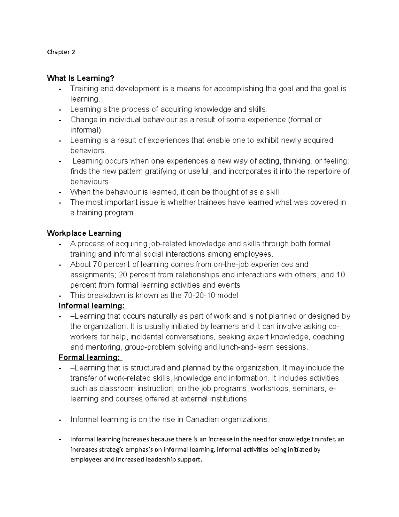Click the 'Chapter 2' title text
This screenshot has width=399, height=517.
[61, 52]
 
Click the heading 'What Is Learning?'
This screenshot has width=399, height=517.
[80, 78]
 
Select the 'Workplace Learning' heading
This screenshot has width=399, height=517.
[84, 233]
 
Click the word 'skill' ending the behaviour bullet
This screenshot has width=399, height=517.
[272, 192]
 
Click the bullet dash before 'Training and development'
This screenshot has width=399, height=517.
[60, 89]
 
